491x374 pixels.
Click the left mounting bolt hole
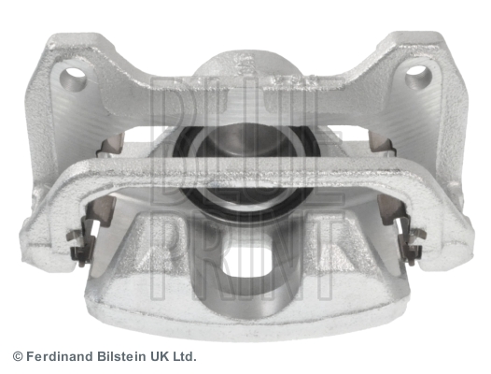coord(72,75)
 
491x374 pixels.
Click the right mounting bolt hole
coord(418,74)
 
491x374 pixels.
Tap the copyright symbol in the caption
coord(18,357)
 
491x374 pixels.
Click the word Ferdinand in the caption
coord(60,357)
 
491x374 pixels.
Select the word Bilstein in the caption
coord(121,357)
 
